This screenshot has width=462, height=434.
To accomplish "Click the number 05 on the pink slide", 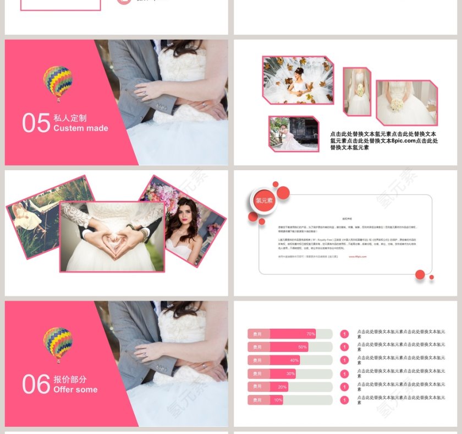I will (x=36, y=123).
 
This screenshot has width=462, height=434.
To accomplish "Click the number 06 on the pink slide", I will (x=36, y=384).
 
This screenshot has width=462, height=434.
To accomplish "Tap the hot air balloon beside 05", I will (x=57, y=83).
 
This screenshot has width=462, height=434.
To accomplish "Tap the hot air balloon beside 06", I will (x=57, y=344).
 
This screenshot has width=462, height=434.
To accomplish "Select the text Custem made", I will (x=80, y=128).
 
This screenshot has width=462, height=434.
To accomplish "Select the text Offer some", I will (x=75, y=389).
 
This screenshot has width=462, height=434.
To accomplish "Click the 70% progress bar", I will (x=282, y=334).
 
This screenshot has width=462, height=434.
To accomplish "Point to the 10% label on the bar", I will (x=278, y=400).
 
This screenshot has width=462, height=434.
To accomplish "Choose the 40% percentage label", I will (x=294, y=360).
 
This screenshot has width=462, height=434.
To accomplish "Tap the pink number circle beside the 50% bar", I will (x=344, y=347).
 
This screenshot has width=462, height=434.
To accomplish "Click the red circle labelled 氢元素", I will (x=264, y=200).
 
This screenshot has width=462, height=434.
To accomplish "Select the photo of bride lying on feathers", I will (x=298, y=80).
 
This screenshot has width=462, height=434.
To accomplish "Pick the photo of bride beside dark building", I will (x=294, y=133).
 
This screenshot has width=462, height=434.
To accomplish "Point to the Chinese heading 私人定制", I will (x=70, y=118).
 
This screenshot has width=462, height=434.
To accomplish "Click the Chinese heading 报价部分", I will (x=70, y=379).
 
